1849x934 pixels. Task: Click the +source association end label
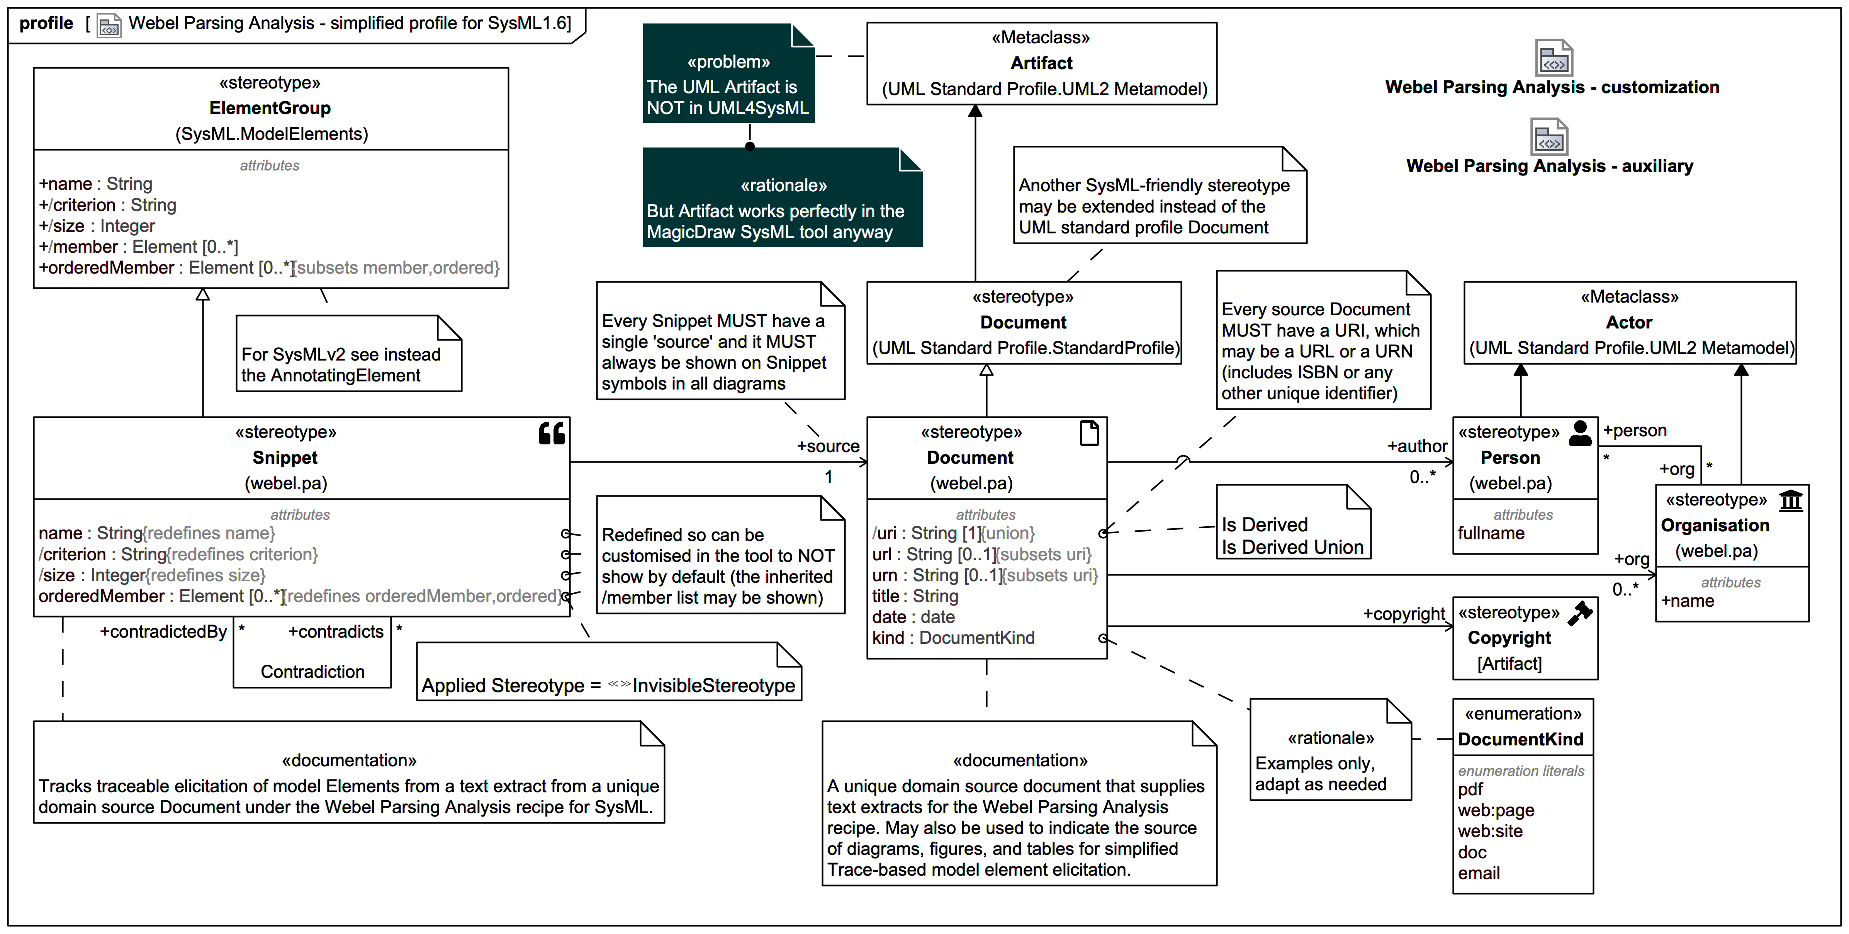pyautogui.click(x=828, y=447)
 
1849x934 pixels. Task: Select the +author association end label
pyautogui.click(x=1417, y=447)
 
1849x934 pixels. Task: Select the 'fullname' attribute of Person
pyautogui.click(x=1491, y=533)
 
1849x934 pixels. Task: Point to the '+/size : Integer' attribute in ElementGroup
pyautogui.click(x=97, y=226)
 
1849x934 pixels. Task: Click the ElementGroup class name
pyautogui.click(x=270, y=109)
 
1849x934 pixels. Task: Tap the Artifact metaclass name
pyautogui.click(x=1041, y=63)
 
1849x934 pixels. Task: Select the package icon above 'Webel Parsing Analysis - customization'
pyautogui.click(x=1553, y=58)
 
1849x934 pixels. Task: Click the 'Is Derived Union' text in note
pyautogui.click(x=1292, y=547)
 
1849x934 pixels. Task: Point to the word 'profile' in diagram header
pyautogui.click(x=46, y=24)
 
